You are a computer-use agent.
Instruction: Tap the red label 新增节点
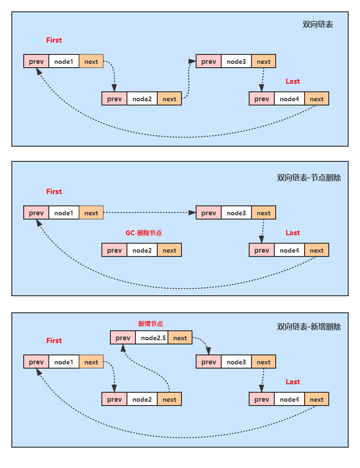(151, 324)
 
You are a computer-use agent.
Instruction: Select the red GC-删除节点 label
(144, 233)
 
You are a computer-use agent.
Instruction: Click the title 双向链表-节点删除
(309, 178)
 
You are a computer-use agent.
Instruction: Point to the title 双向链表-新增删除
(309, 327)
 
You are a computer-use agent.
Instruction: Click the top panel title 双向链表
(318, 25)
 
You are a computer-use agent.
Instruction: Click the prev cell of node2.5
(123, 338)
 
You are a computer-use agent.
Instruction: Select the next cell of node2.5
(180, 338)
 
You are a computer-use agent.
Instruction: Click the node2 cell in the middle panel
(142, 250)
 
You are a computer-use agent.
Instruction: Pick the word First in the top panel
(54, 40)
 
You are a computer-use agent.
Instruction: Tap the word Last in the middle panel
(293, 233)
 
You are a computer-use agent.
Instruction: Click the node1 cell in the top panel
(63, 62)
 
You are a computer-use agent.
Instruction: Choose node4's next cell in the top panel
(316, 99)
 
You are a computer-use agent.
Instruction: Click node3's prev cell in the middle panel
(208, 213)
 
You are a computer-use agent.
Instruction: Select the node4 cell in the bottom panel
(289, 399)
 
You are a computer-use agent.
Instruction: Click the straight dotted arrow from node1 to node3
(149, 213)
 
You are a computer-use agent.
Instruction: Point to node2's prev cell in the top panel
(114, 99)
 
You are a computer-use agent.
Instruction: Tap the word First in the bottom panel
(54, 341)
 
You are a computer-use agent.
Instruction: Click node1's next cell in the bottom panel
(91, 362)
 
